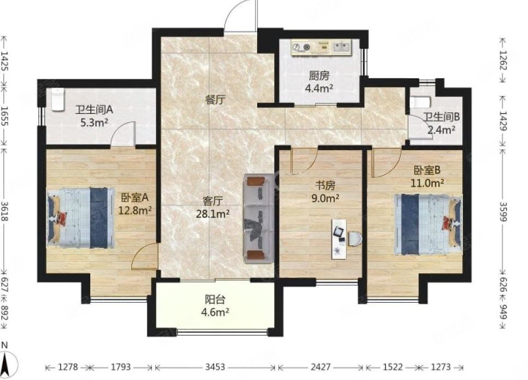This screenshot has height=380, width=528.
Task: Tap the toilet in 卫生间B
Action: pos(421,102)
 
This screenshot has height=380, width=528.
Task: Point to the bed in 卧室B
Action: pos(428,224)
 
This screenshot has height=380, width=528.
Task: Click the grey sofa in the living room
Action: pos(259,218)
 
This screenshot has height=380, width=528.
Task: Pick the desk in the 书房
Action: pos(339,239)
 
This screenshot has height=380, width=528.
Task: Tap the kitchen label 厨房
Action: pos(319,76)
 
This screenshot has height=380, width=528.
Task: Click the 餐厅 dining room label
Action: pos(215,100)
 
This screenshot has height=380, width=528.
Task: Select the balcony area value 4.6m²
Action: pos(215,312)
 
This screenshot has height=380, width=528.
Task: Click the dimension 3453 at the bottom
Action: pos(215,367)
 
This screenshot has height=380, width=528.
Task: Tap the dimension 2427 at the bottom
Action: pos(321,367)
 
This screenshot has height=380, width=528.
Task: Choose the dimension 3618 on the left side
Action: pos(5,211)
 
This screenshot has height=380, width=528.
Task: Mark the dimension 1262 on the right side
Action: pos(503,60)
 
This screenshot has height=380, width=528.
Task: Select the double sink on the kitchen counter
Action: pos(341,47)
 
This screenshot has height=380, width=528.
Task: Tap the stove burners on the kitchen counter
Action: pos(301,48)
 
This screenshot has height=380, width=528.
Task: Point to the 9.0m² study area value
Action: pos(324,198)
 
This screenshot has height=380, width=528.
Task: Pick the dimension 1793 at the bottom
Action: pos(120,367)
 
